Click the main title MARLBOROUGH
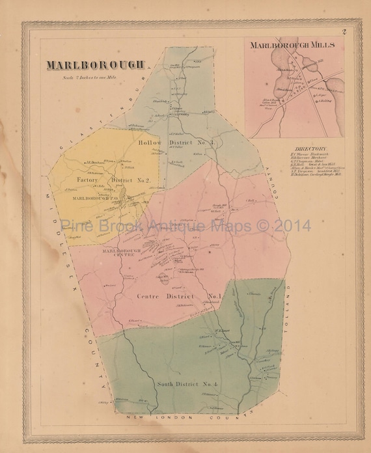[x=95, y=66]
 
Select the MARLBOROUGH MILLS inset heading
[x=292, y=45]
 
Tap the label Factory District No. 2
[x=113, y=180]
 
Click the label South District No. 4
[x=180, y=382]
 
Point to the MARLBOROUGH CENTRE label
[x=117, y=253]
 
